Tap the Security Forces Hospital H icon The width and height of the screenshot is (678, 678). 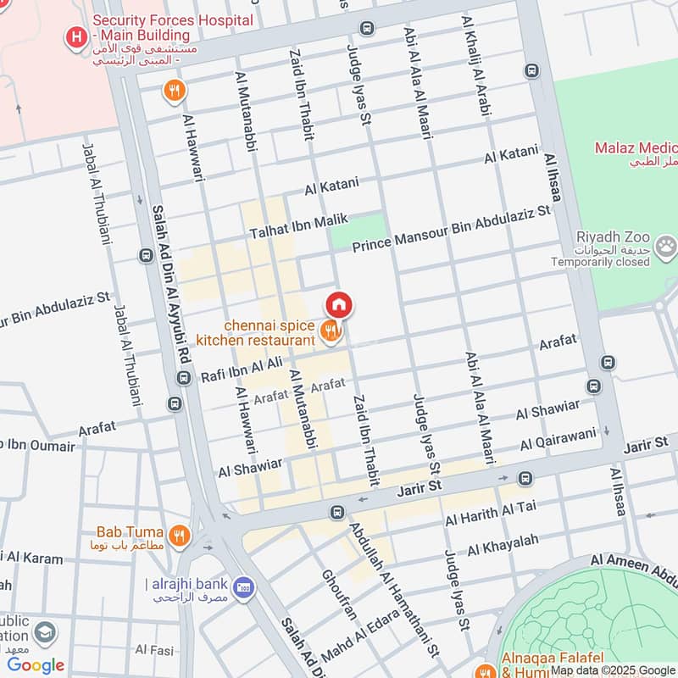coord(77,37)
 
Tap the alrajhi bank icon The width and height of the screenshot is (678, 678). coord(244,586)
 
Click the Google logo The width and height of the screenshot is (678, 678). coord(36,665)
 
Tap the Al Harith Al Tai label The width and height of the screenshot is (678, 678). coord(491,514)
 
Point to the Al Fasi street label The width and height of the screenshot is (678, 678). coord(155,651)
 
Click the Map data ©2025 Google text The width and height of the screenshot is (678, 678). coord(611,670)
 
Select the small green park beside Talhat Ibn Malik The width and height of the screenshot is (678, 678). coord(357,231)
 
